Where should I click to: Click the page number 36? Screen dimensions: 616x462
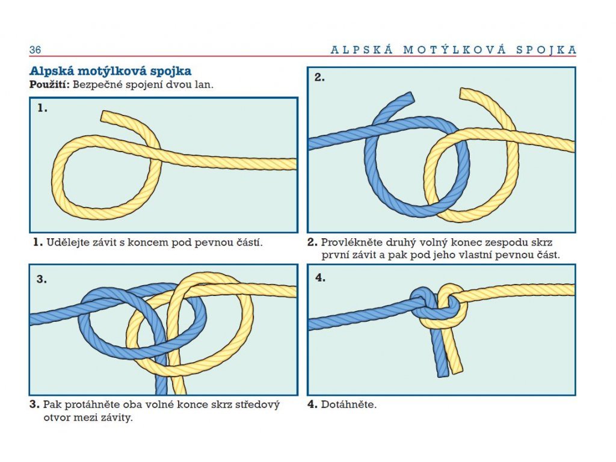(x=35, y=50)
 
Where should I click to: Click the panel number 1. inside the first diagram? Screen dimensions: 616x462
(x=42, y=109)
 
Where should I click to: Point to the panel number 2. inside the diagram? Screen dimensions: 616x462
(x=319, y=78)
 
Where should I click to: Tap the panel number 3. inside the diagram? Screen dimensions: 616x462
(x=42, y=279)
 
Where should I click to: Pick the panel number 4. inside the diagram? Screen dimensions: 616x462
(x=320, y=279)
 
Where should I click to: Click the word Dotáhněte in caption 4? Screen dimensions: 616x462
(x=348, y=404)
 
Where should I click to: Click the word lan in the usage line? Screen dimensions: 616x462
(x=205, y=84)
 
